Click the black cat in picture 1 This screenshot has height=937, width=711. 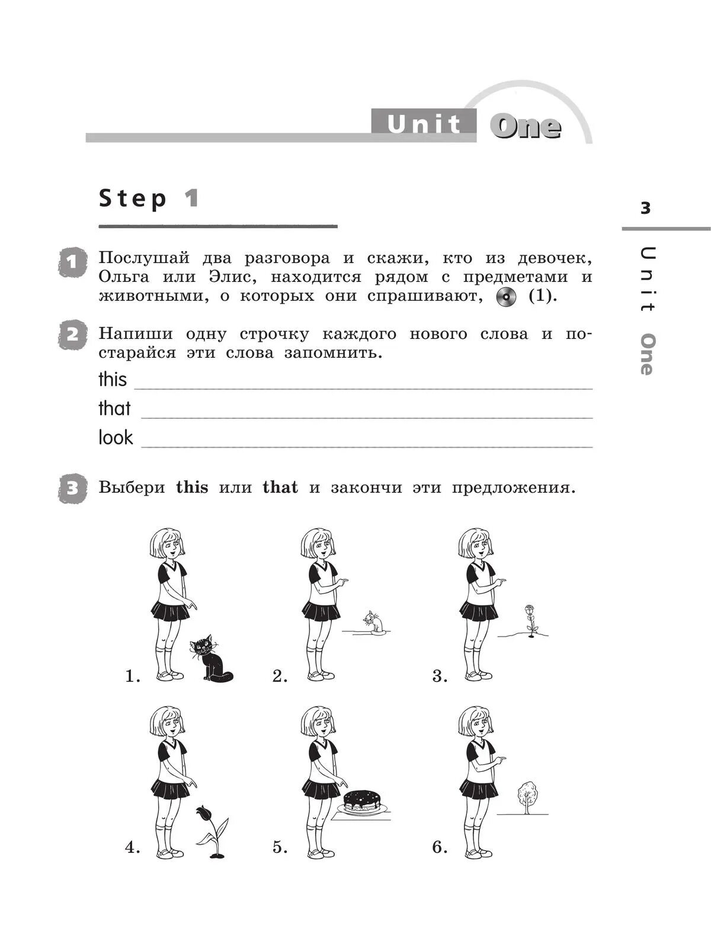[209, 659]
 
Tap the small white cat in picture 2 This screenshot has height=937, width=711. [373, 622]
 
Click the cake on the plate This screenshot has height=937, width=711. [361, 801]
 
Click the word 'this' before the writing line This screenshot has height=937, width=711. [113, 380]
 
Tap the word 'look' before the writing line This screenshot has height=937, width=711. [116, 438]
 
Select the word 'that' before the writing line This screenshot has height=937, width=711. [114, 409]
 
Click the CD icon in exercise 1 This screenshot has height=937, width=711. [505, 297]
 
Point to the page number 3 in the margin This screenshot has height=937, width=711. [645, 208]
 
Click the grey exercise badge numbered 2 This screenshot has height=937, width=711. [72, 335]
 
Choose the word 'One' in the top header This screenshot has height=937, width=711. [525, 127]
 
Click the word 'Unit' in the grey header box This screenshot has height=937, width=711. [424, 124]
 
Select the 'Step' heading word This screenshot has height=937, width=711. [133, 198]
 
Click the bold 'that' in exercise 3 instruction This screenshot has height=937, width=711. [280, 487]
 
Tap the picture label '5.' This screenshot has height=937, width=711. [280, 848]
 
